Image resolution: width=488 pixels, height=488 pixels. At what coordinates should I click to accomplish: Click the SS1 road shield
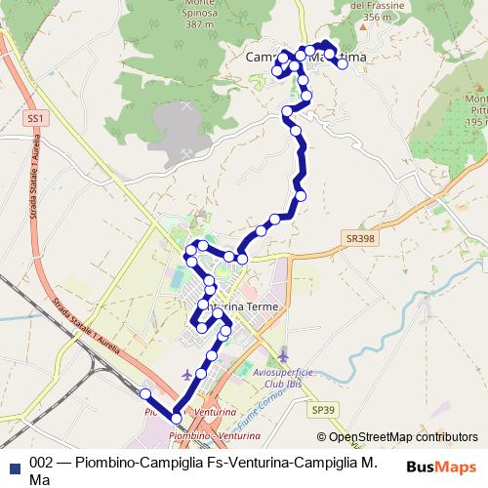click(36, 117)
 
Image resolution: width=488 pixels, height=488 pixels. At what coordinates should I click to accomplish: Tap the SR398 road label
click(359, 237)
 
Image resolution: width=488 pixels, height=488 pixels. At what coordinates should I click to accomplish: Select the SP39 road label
click(324, 411)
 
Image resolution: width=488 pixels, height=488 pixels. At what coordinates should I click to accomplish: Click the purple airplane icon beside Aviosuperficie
click(283, 352)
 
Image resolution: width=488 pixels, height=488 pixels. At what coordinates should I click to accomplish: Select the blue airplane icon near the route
click(187, 375)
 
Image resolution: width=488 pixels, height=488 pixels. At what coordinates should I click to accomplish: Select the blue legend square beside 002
click(14, 464)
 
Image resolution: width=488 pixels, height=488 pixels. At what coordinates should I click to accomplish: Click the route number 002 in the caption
click(42, 464)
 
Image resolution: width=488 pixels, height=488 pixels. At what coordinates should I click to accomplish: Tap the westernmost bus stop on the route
click(144, 393)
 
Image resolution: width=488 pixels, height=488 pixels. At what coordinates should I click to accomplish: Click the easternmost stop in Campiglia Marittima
click(343, 63)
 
